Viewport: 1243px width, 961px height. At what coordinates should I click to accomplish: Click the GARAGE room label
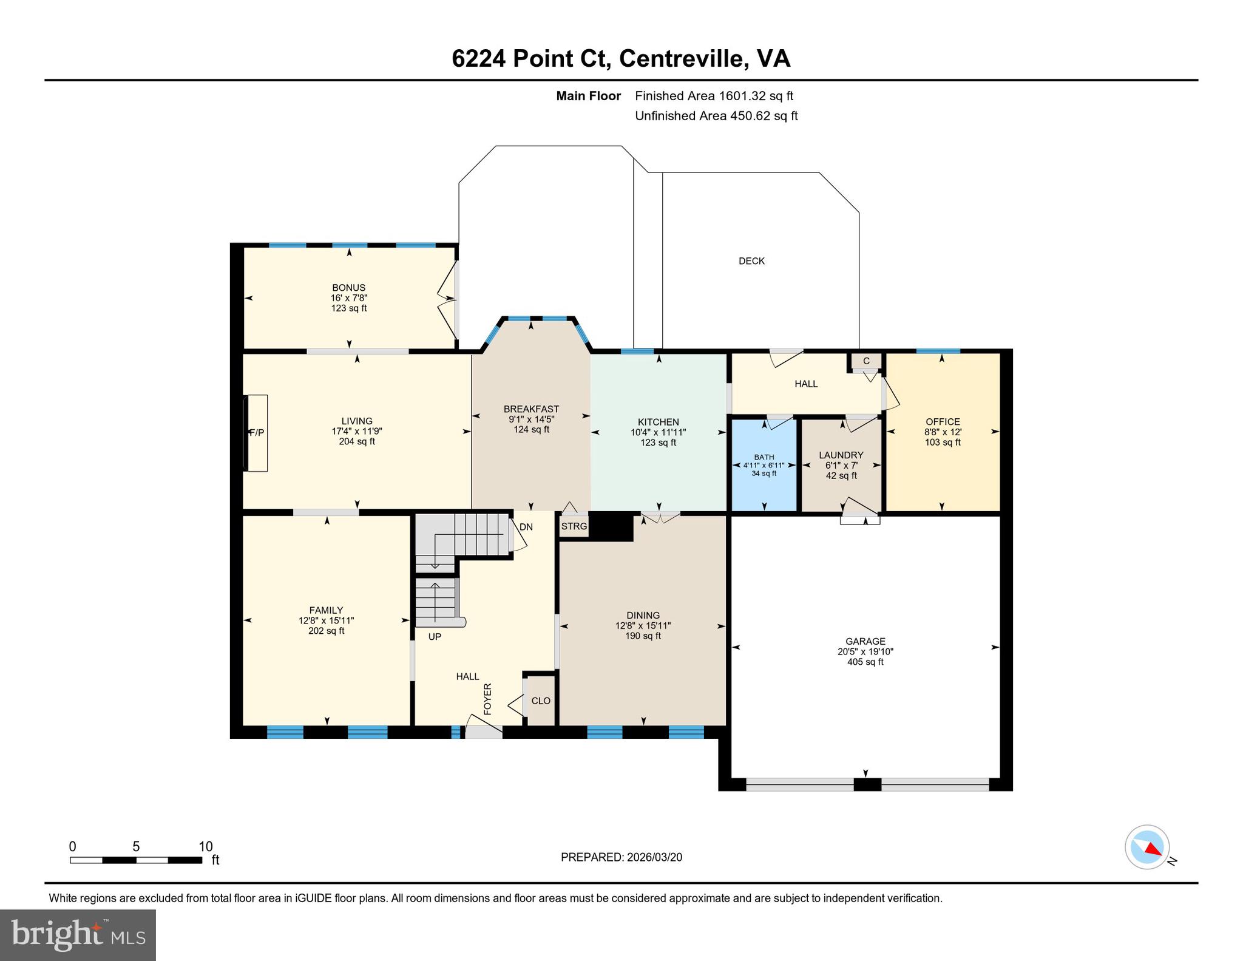[865, 641]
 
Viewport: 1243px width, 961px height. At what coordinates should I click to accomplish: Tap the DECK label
[751, 261]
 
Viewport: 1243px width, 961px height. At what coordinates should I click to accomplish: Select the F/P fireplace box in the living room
[256, 433]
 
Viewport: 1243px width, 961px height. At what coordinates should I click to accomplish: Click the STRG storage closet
[574, 526]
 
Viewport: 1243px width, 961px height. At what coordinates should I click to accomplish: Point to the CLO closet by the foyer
[540, 701]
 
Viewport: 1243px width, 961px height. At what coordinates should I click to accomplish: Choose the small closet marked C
[866, 361]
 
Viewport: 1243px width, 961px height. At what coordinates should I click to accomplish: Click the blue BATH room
[764, 465]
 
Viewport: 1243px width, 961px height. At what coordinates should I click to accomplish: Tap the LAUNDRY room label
[841, 455]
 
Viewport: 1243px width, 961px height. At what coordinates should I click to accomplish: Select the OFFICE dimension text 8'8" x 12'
[943, 432]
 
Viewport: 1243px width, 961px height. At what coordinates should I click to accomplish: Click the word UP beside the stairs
[435, 637]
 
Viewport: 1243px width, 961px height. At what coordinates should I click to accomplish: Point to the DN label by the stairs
[526, 527]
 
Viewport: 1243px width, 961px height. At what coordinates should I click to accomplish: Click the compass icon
[1147, 846]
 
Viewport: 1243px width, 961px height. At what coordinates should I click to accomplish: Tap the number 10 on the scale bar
[206, 846]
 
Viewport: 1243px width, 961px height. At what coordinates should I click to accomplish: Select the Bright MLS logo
[78, 935]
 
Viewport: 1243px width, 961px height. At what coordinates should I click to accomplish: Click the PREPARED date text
[621, 857]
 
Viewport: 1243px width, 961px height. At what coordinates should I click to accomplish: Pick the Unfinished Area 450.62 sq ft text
[716, 115]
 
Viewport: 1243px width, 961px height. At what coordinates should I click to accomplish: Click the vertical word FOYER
[487, 699]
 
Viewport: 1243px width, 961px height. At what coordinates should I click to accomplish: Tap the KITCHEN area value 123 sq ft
[658, 443]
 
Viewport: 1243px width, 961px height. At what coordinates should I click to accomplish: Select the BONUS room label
[348, 288]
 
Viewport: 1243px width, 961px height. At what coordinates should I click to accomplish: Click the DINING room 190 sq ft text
[643, 636]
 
